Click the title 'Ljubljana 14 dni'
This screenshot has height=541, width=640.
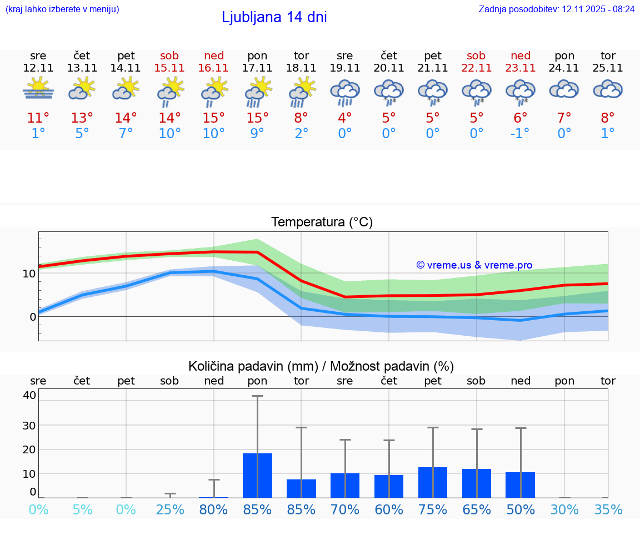[274, 17]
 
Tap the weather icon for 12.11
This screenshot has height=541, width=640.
[38, 89]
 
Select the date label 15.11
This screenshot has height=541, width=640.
[169, 68]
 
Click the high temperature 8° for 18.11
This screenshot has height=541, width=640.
[301, 118]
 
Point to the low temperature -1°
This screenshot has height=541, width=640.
[521, 134]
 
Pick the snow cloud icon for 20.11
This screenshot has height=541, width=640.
[389, 92]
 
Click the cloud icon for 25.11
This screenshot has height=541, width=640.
[608, 89]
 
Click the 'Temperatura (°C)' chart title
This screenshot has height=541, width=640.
[322, 223]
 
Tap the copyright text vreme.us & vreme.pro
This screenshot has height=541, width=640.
[474, 265]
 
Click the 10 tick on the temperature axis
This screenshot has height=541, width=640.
[29, 273]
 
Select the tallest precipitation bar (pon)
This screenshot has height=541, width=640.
[257, 475]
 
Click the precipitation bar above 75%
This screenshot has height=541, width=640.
[433, 482]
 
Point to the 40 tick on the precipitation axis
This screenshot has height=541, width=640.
[29, 395]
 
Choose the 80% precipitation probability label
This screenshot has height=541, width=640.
[213, 509]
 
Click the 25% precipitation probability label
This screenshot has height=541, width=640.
[169, 509]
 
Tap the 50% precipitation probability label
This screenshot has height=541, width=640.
[521, 509]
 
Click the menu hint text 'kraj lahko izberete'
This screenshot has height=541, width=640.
[62, 9]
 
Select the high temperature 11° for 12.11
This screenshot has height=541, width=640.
[38, 118]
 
